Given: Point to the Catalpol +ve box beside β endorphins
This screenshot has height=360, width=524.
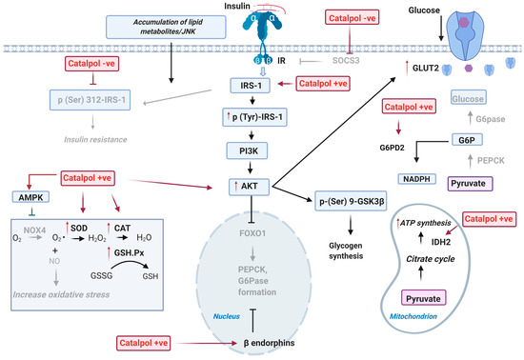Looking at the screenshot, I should pyautogui.click(x=151, y=340).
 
